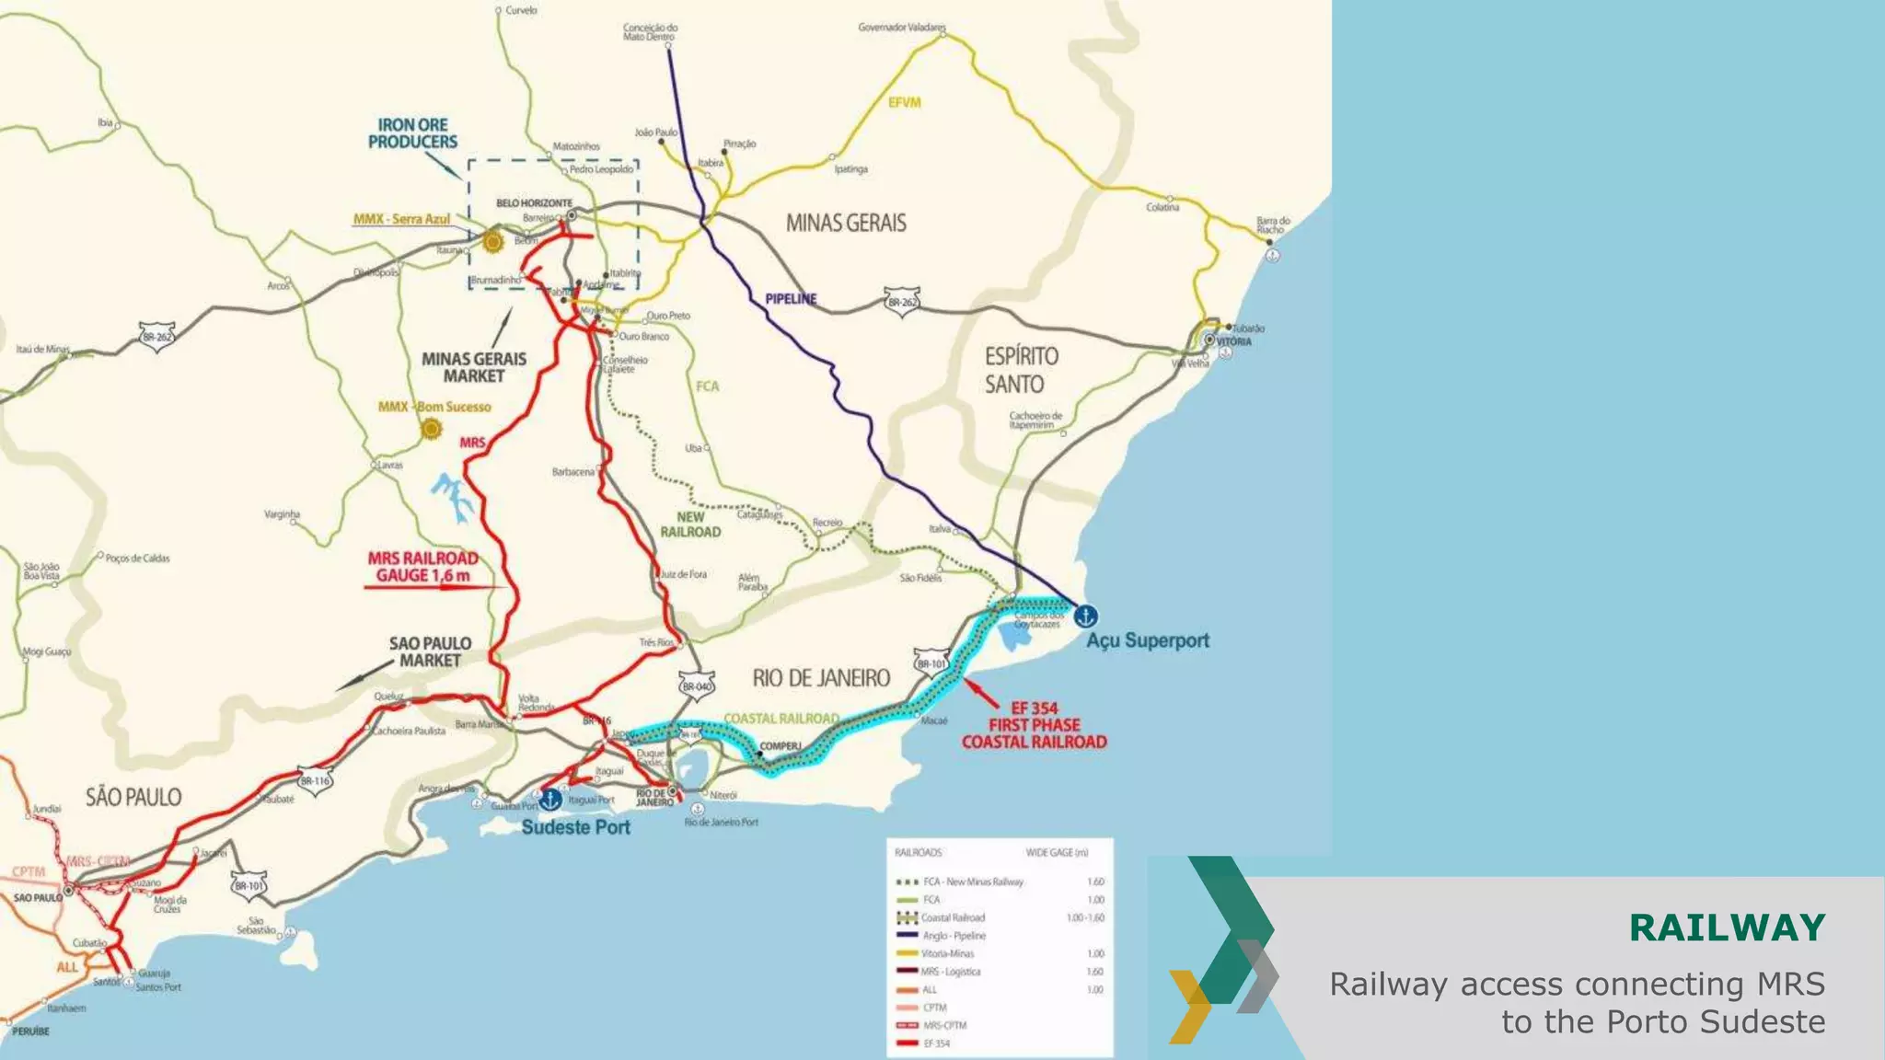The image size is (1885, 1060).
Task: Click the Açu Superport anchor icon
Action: coord(1086,615)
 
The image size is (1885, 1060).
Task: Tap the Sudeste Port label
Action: coord(576,827)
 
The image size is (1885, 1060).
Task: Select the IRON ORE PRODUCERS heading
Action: coord(412,133)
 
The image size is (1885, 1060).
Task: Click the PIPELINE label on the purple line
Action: coord(791,299)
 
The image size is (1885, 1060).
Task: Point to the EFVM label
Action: coord(904,103)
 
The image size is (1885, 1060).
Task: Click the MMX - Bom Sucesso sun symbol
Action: coord(431,429)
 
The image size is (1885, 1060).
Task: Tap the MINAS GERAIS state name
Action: coord(845,223)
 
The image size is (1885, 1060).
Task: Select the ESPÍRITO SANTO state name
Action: coord(1021,370)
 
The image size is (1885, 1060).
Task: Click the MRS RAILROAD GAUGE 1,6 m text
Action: coord(423,567)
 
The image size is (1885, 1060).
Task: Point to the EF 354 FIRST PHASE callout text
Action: coord(1034,725)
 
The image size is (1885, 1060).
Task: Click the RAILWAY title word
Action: coord(1727,927)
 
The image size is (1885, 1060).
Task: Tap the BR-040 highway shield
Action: coord(696,686)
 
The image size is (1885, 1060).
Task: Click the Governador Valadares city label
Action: coord(901,28)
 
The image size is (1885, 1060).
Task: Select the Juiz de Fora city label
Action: coord(684,574)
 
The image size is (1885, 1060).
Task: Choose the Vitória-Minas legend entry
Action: coord(947,954)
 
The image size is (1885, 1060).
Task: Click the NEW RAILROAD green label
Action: coord(690,524)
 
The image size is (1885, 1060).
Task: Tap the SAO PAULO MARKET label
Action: coord(430,651)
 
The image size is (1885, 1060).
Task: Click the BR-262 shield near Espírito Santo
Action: coord(902,302)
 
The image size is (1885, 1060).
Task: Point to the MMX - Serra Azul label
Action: coord(401,219)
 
